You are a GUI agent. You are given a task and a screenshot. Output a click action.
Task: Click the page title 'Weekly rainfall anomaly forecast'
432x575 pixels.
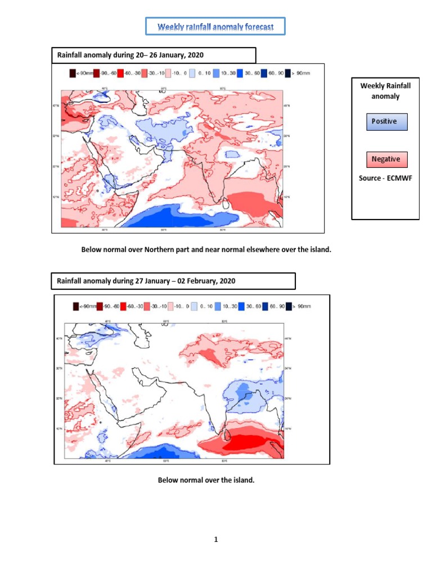[215, 27]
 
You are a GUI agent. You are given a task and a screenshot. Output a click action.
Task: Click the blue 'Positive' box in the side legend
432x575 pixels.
[386, 121]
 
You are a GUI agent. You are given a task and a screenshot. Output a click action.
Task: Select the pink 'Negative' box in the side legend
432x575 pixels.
[386, 159]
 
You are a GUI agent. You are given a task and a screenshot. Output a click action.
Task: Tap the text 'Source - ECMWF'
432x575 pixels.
[385, 179]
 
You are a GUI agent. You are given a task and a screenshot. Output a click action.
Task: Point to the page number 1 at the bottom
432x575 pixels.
[215, 540]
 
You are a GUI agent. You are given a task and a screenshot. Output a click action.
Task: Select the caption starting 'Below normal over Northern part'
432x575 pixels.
[206, 249]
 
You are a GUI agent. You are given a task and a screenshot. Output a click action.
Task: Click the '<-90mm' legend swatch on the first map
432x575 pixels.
[72, 72]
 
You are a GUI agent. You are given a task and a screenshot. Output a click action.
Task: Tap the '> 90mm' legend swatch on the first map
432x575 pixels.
[288, 72]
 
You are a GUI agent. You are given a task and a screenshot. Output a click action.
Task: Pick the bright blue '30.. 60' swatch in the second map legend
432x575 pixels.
[241, 307]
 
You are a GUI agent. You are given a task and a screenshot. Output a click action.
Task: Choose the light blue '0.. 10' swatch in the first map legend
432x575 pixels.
[192, 72]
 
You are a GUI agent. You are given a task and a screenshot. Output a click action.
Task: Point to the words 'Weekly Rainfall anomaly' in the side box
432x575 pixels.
[385, 91]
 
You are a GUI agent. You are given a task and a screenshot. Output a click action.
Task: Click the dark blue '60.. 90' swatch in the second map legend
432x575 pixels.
[265, 307]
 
